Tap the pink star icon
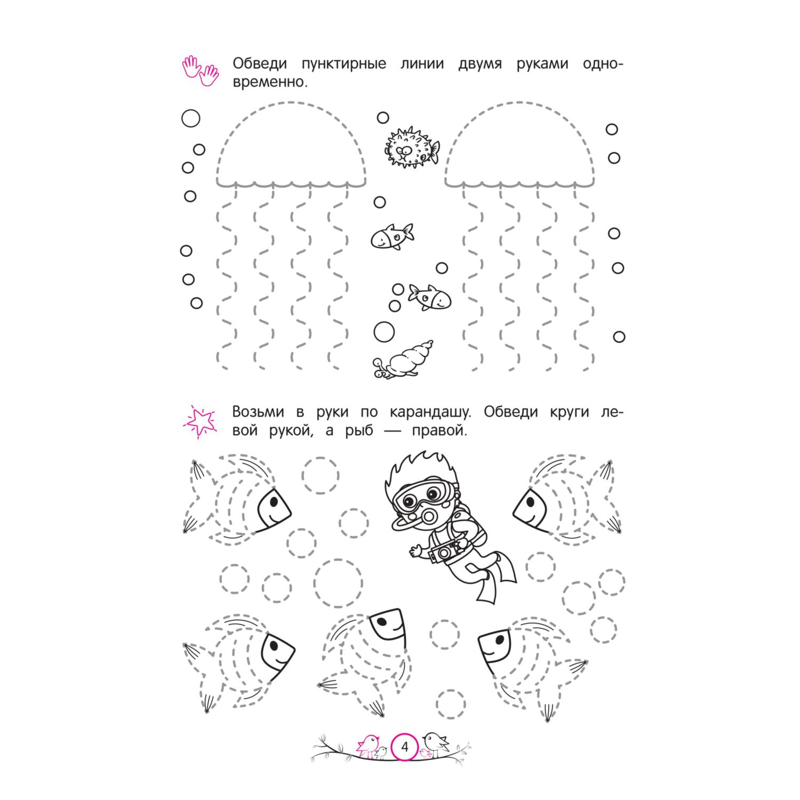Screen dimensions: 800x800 200,421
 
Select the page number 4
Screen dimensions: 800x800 405,747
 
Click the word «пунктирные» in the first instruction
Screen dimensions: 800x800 343,64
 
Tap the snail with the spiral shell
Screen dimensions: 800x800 403,360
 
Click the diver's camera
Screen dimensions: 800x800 444,551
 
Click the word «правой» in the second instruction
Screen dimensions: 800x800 439,431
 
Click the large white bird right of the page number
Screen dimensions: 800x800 436,743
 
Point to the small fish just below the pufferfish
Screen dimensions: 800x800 392,236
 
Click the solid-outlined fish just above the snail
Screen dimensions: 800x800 430,297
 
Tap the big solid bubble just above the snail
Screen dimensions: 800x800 384,332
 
